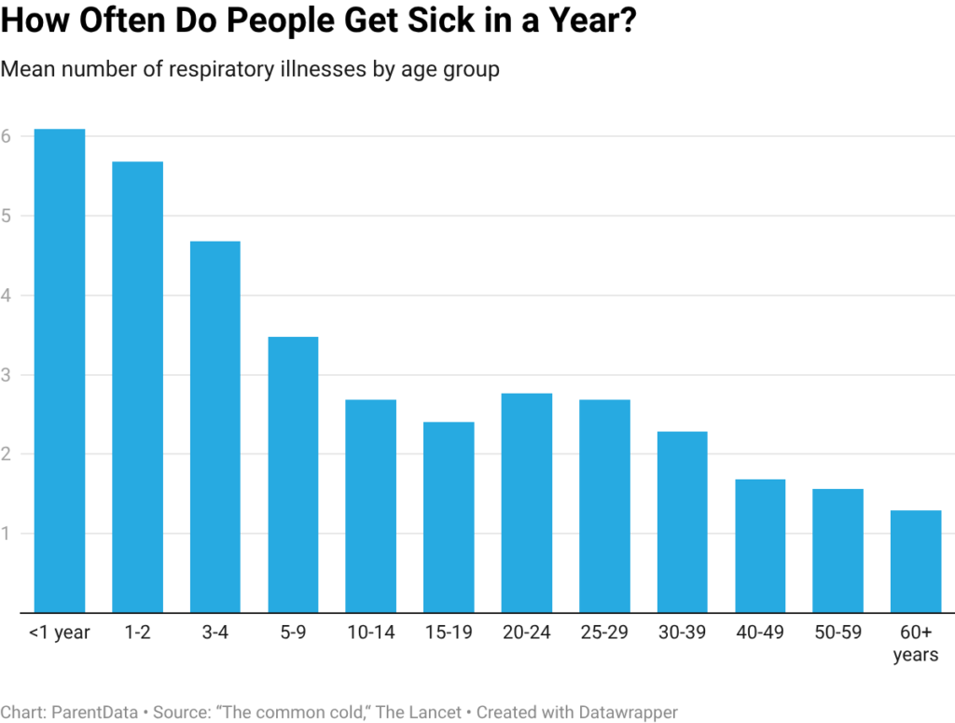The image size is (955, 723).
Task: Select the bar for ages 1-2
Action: click(x=137, y=387)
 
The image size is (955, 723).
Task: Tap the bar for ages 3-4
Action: click(x=215, y=427)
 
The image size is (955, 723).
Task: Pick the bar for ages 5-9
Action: click(x=293, y=475)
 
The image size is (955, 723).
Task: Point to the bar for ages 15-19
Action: click(x=449, y=518)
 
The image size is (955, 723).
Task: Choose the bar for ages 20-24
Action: click(x=527, y=503)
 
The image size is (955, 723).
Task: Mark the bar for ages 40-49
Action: click(x=760, y=546)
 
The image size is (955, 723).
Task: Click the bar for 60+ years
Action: click(x=916, y=562)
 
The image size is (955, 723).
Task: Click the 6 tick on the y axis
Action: click(x=6, y=136)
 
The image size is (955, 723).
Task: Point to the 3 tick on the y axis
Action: click(x=6, y=375)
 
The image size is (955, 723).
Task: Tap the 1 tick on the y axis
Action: click(x=6, y=534)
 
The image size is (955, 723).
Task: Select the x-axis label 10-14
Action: click(x=370, y=633)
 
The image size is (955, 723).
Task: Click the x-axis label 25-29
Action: click(x=604, y=633)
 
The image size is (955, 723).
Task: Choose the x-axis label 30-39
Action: click(x=682, y=633)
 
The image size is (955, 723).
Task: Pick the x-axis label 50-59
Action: click(x=837, y=633)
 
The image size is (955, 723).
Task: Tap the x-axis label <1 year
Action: click(x=59, y=633)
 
